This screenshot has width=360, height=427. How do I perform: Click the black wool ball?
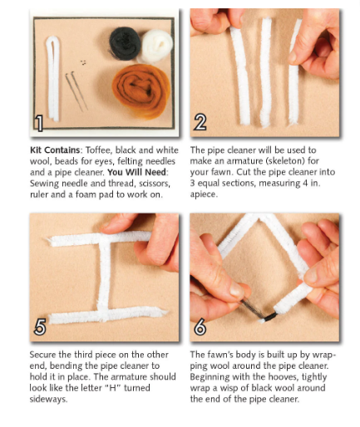(x=125, y=43)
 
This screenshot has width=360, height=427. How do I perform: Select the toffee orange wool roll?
(x=141, y=91)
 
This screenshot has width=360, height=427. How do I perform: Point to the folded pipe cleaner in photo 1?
(x=53, y=79)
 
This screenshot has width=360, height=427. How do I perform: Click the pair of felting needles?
(x=76, y=91)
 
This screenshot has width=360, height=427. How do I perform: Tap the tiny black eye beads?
(x=83, y=62)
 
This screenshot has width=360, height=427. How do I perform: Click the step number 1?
(x=39, y=124)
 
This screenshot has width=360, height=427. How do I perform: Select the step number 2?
(x=200, y=122)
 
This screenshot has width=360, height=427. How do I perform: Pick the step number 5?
(x=40, y=326)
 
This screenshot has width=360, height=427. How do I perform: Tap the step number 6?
(x=200, y=326)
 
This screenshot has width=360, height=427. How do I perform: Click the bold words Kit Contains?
(x=55, y=150)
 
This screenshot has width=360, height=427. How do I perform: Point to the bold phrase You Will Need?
(x=137, y=172)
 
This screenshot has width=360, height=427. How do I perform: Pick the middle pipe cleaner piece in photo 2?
(x=265, y=72)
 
